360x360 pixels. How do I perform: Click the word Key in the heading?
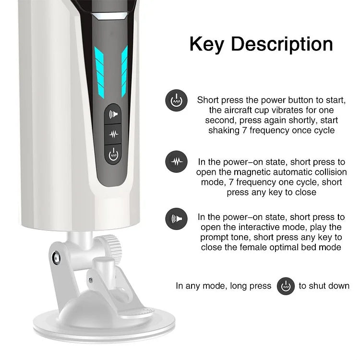pos(206,44)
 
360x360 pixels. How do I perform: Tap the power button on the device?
pos(113,155)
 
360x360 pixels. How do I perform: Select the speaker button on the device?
pos(113,114)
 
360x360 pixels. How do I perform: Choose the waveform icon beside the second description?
pos(176,161)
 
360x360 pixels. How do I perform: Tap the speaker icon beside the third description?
pos(176,218)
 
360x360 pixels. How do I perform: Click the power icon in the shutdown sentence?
pos(286,286)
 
